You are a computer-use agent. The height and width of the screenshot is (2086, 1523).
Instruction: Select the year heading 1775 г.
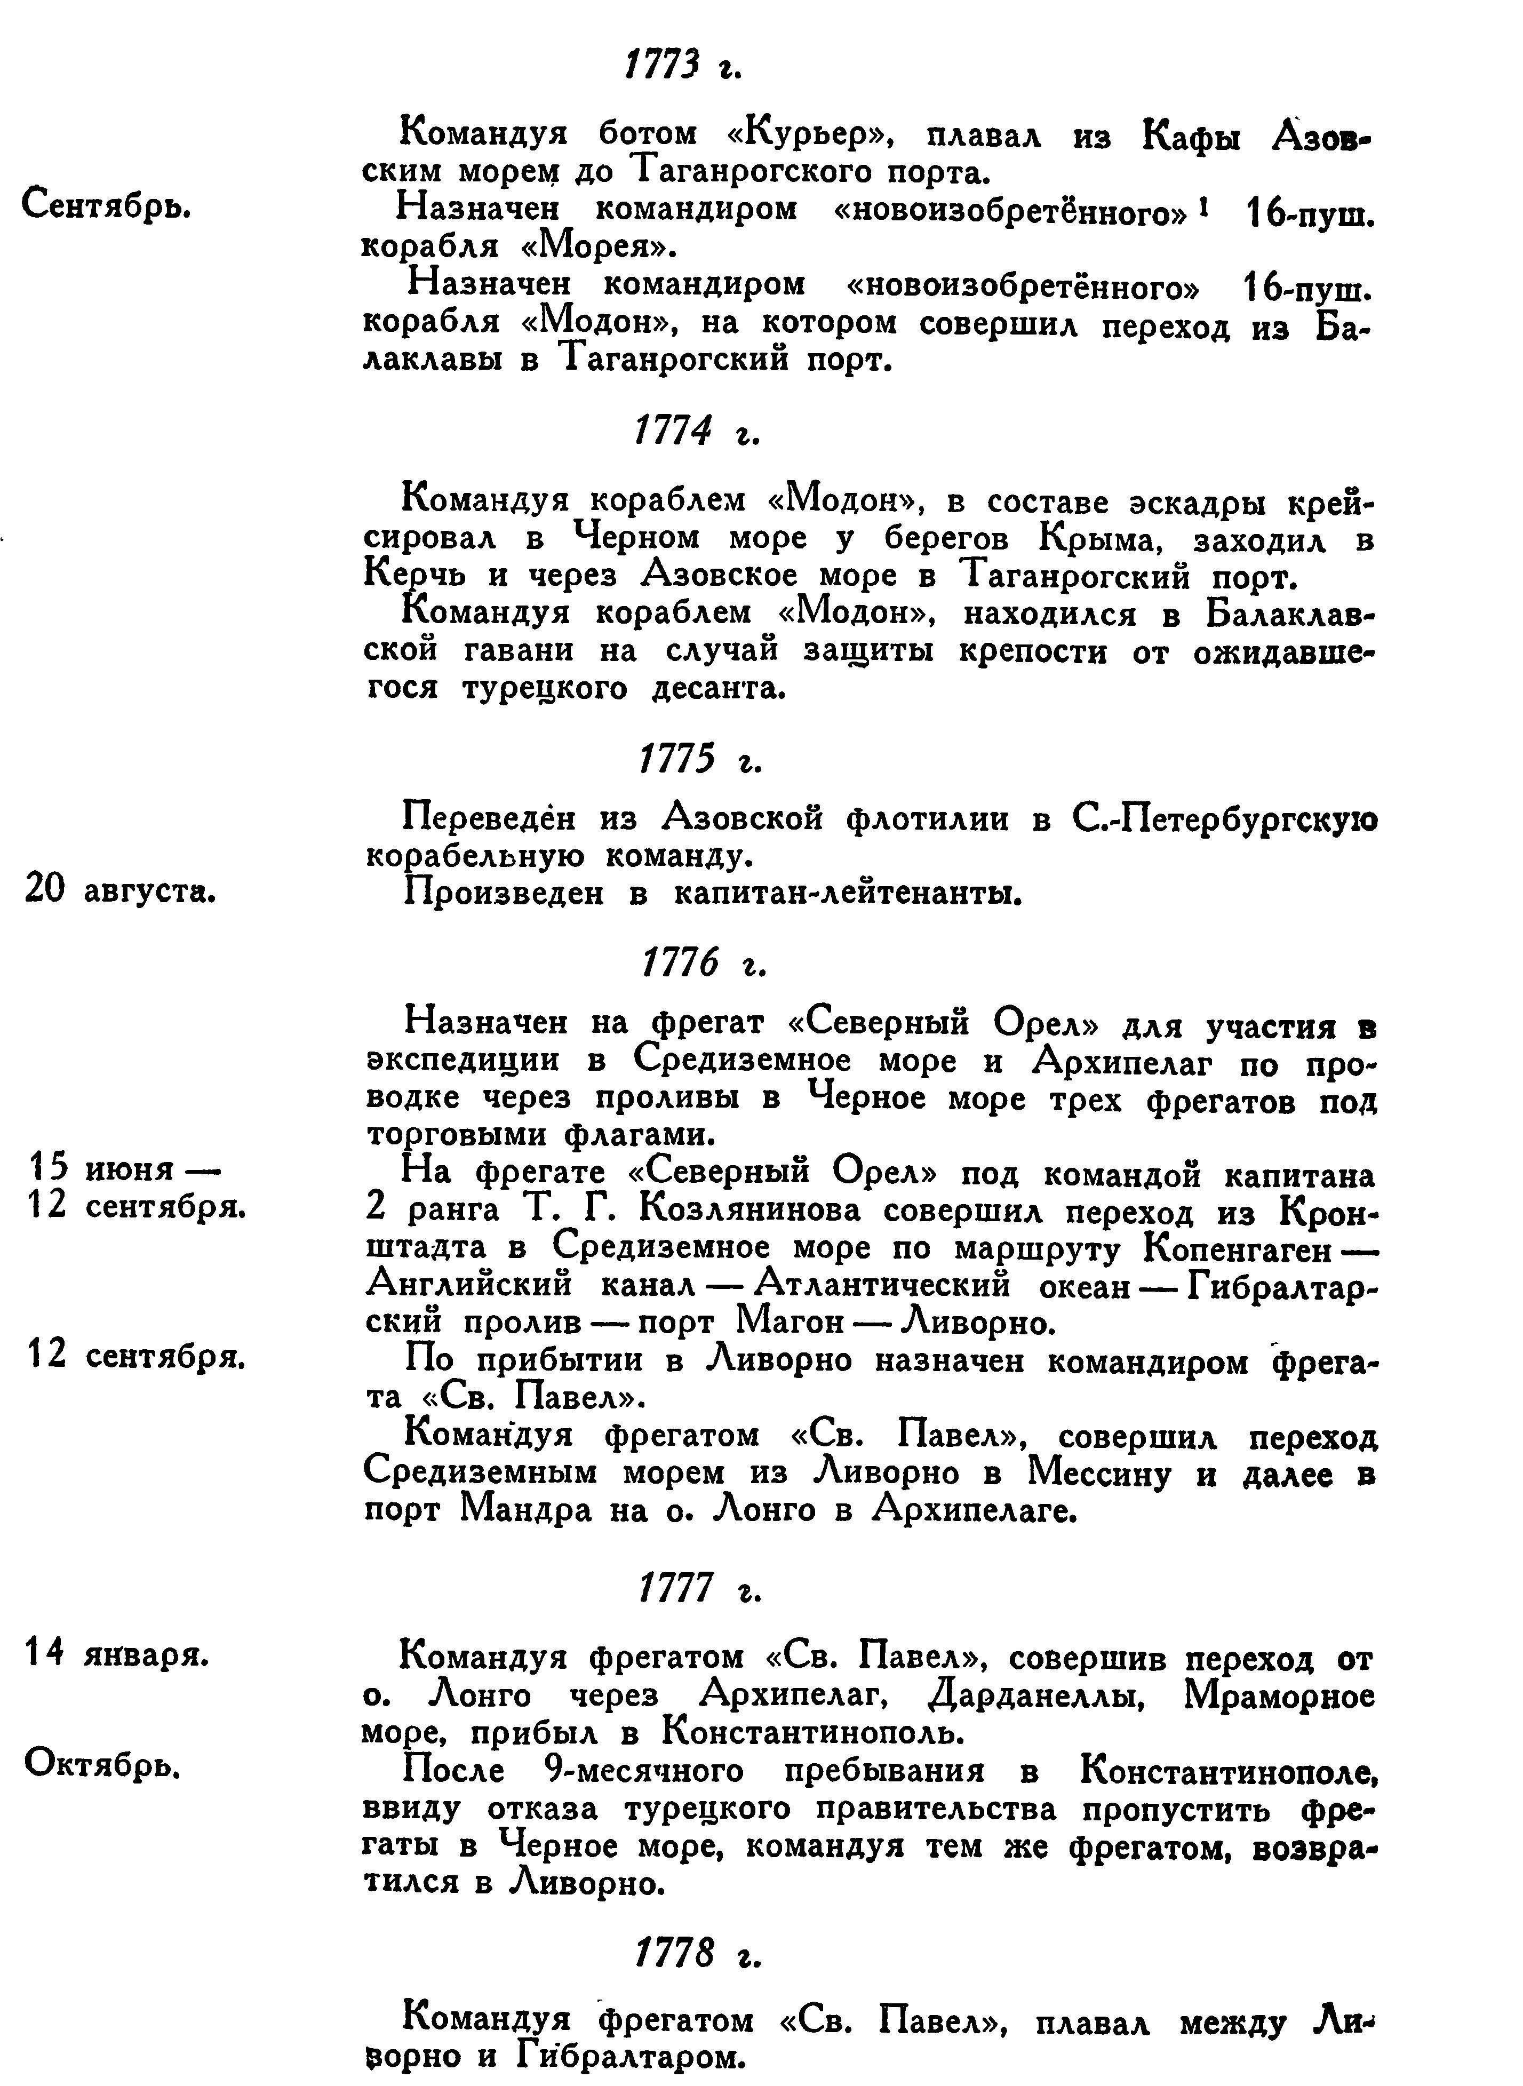click(700, 760)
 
